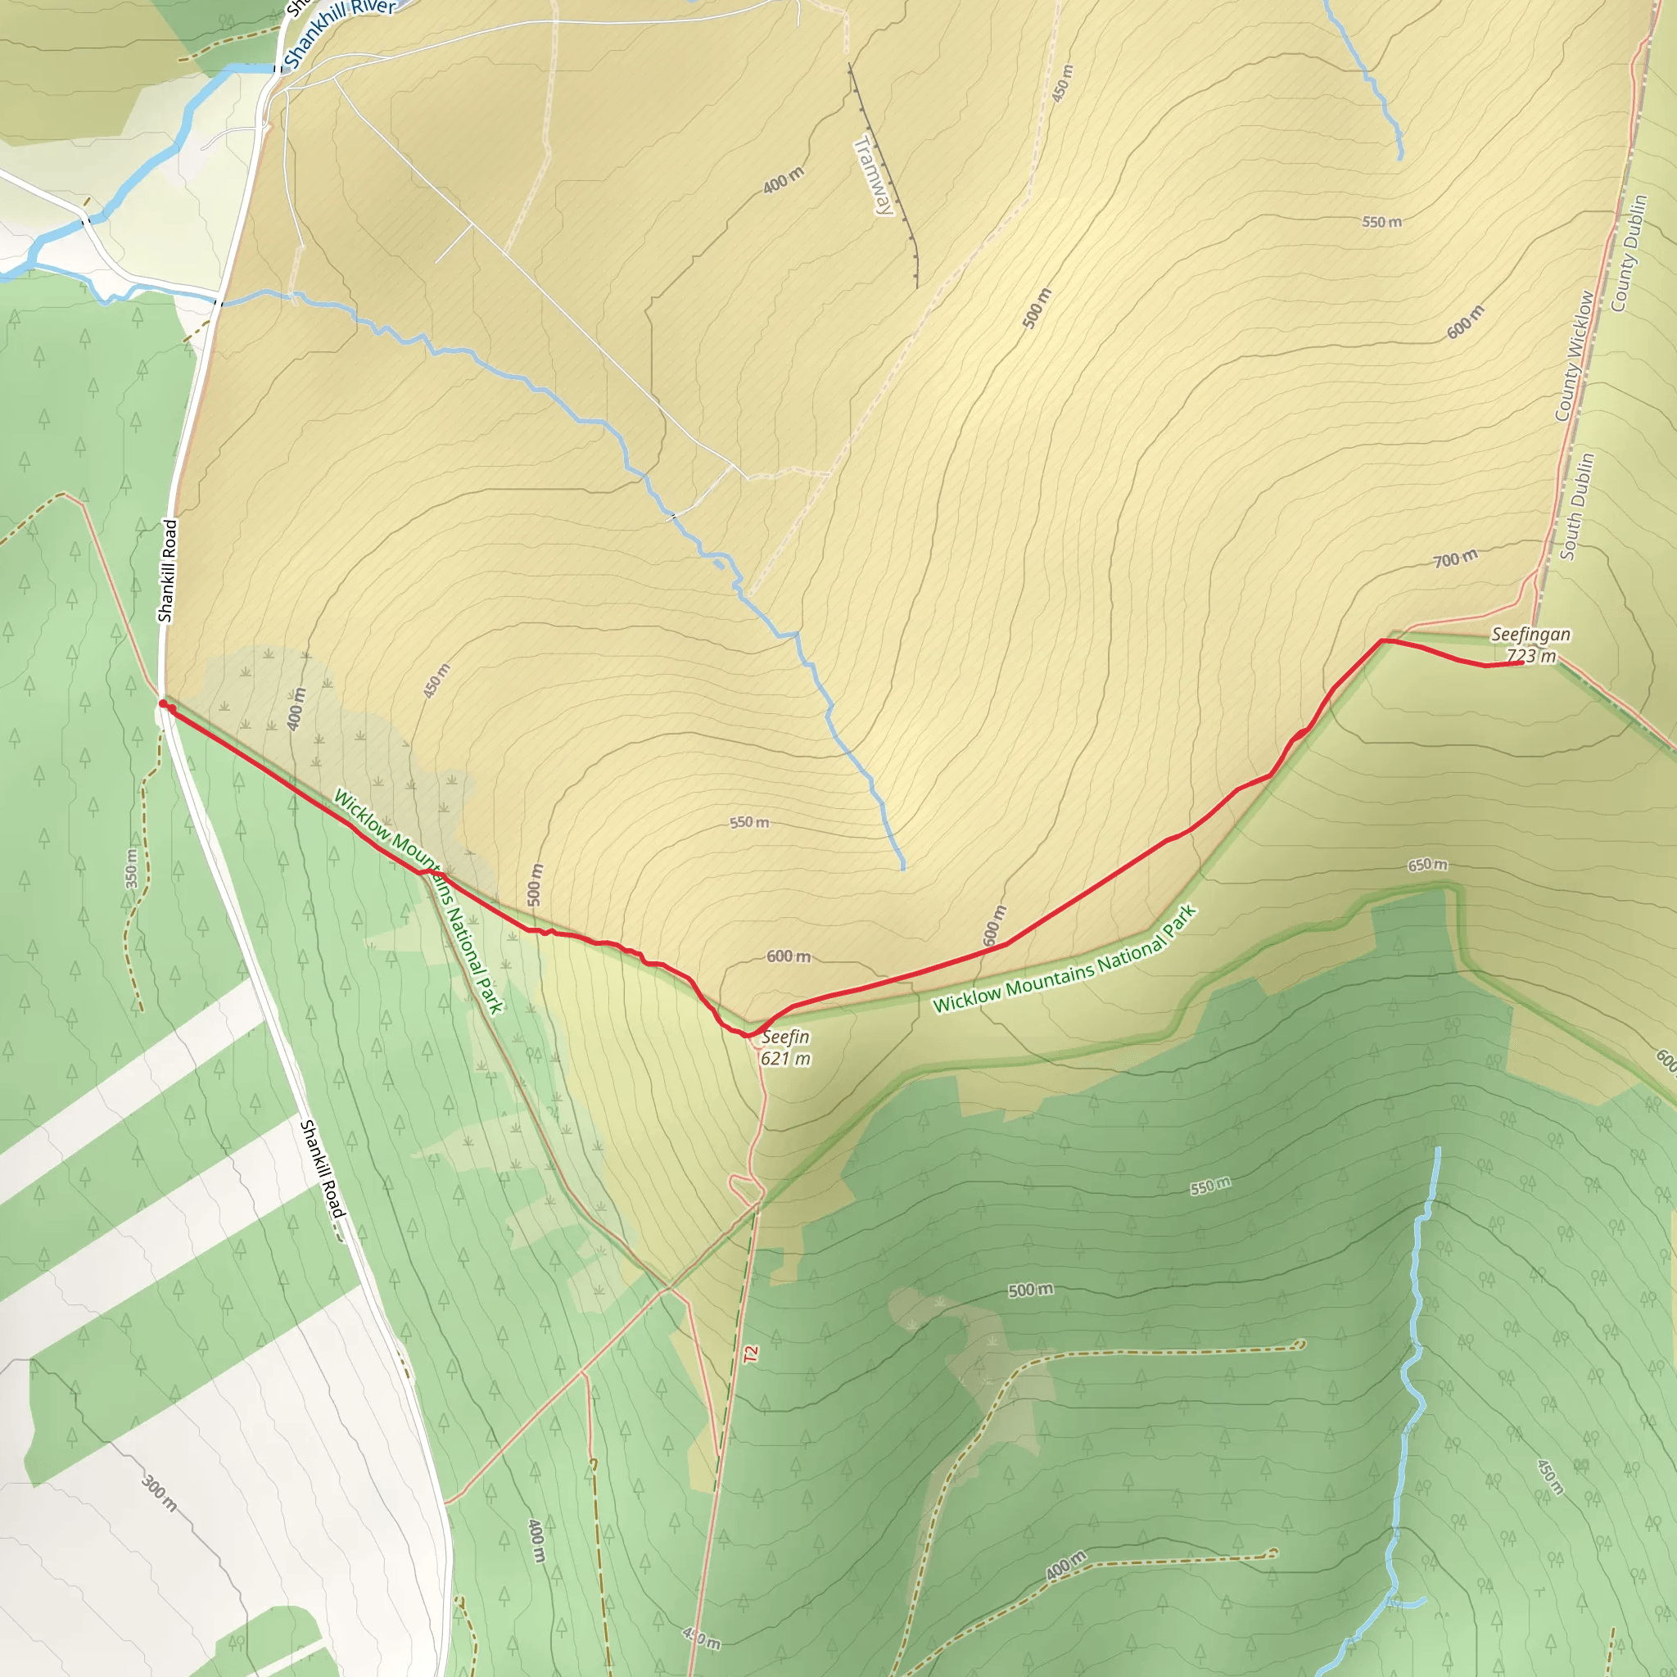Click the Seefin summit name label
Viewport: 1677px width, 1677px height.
click(784, 1037)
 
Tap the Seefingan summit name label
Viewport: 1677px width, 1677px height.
click(1530, 635)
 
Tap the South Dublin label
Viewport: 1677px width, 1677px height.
click(1577, 506)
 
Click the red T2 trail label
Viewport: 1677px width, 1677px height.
click(751, 1354)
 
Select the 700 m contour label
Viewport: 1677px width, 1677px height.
click(1455, 559)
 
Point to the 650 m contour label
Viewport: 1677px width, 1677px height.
click(1427, 866)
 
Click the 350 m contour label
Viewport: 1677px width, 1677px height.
click(131, 868)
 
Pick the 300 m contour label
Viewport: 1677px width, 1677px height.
click(160, 1492)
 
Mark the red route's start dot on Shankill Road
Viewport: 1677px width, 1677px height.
click(163, 703)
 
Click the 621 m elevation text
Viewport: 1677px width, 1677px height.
click(784, 1059)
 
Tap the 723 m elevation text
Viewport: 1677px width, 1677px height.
click(1531, 656)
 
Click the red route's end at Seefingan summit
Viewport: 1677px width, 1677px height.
click(1521, 663)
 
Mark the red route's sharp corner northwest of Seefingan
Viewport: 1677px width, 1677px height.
click(1382, 640)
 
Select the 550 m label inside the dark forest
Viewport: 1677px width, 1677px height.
click(1210, 1186)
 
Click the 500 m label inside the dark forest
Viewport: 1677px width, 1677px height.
click(1030, 1291)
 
